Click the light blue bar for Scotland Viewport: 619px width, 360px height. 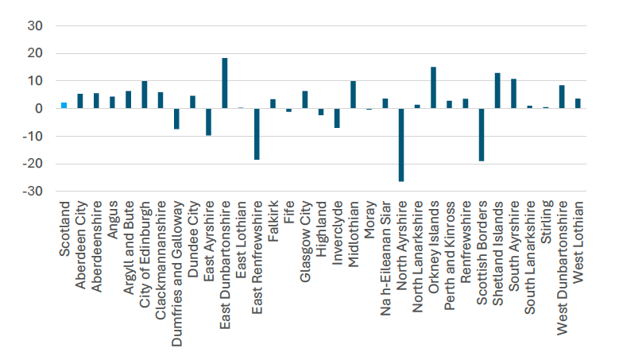[x=64, y=105]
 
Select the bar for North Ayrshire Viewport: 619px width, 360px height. [x=401, y=145]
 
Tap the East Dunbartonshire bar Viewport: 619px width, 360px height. [x=224, y=83]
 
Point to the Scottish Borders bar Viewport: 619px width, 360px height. [x=482, y=134]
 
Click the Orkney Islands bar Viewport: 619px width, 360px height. [x=433, y=87]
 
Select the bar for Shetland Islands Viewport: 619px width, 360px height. [x=497, y=91]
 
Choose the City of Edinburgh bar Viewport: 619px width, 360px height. [x=144, y=95]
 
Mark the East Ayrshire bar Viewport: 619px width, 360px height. [x=208, y=122]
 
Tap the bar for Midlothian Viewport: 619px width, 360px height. [x=353, y=95]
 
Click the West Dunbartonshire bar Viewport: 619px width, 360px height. [x=562, y=96]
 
